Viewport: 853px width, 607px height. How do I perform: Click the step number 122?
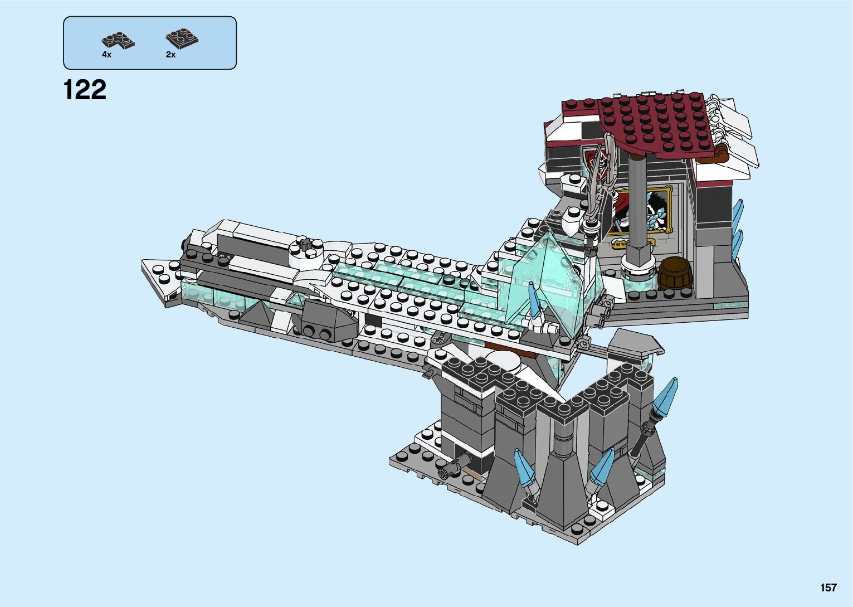pyautogui.click(x=85, y=90)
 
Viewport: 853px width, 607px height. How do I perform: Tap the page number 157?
pyautogui.click(x=828, y=587)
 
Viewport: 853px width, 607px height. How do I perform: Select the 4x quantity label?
pyautogui.click(x=106, y=55)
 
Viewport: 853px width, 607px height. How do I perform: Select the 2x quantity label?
pyautogui.click(x=170, y=55)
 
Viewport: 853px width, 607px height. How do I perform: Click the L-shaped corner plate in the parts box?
pyautogui.click(x=118, y=40)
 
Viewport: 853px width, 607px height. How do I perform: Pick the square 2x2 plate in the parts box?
pyautogui.click(x=182, y=38)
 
